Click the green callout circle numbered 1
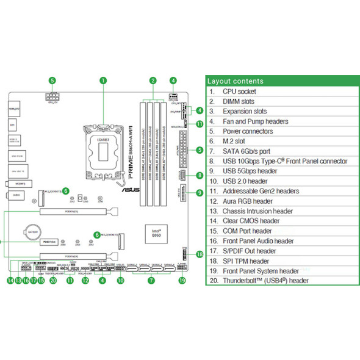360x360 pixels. coord(103,80)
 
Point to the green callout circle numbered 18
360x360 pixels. coord(200,254)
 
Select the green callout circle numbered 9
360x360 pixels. coord(200,193)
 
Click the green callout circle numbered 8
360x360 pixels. coord(200,176)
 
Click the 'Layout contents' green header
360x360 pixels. coord(236,81)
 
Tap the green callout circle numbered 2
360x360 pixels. coord(153,80)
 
